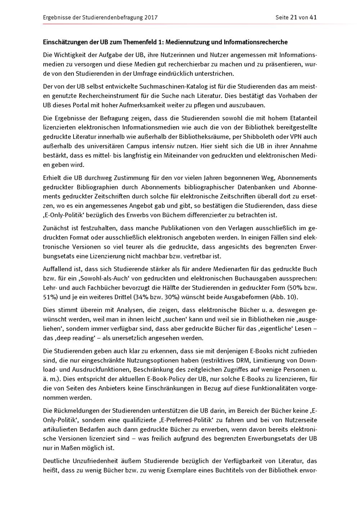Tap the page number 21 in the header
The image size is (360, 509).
tap(293, 17)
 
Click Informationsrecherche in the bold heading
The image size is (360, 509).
tap(256, 42)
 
